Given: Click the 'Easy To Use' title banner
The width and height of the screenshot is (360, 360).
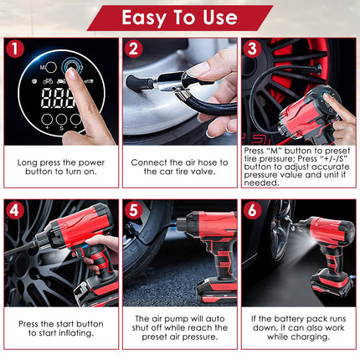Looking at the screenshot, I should [x=180, y=17].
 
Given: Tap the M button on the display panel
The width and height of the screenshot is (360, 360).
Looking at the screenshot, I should [x=49, y=66].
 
